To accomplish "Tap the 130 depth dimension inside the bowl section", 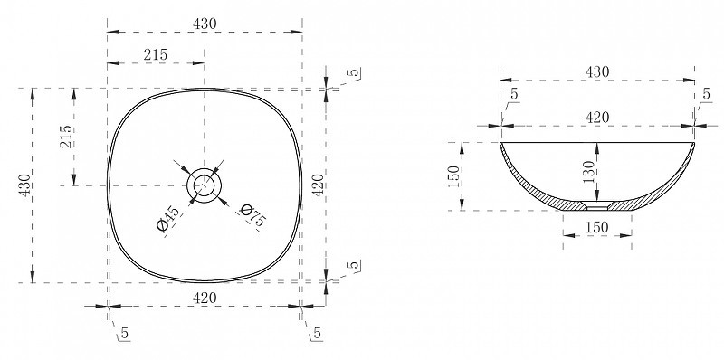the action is pos(589,172).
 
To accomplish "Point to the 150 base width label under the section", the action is pos(597,228).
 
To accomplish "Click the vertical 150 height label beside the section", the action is pos(454,176).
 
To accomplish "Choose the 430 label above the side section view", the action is pos(597,72).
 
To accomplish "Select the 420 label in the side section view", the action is pos(597,118).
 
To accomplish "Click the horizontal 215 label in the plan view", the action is pos(155,55).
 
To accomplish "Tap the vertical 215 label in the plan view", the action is pos(65,137).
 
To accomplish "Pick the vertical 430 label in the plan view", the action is pos(24,185).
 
